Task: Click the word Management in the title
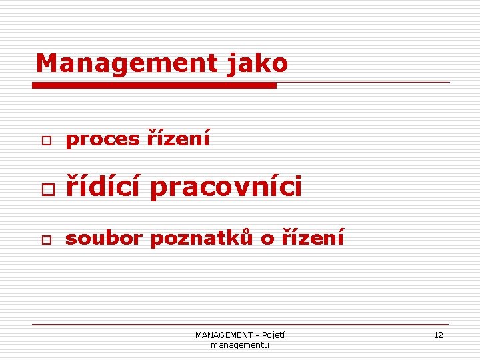(x=126, y=63)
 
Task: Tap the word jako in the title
(x=257, y=63)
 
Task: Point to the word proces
(x=102, y=139)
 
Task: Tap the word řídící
(x=103, y=187)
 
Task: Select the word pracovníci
(x=226, y=187)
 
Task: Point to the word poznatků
(x=201, y=237)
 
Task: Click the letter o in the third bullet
(x=267, y=238)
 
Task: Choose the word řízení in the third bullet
(x=312, y=237)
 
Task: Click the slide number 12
(x=438, y=335)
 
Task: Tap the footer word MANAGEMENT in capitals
(x=224, y=335)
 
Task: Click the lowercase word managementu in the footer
(x=240, y=345)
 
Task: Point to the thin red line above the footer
(x=240, y=325)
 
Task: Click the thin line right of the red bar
(x=363, y=83)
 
